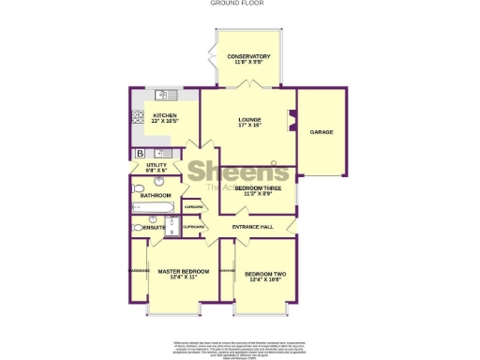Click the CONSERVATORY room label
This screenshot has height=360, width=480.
pos(248,56)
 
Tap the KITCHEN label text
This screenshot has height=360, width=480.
pos(165,116)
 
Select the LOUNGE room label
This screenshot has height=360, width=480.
pos(248,119)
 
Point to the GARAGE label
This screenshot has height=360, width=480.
pos(322,132)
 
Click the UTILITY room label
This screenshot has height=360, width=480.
pos(156,165)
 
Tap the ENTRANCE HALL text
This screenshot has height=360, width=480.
pos(252,228)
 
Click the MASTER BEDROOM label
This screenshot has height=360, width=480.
pos(177,272)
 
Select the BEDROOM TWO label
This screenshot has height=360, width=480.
pos(263,274)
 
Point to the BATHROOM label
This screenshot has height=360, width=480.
pos(156,195)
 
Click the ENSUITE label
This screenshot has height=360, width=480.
pos(154,228)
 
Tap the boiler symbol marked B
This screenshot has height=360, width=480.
pos(140,153)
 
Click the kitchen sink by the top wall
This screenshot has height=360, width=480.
pos(160,94)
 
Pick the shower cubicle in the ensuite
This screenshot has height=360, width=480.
pos(172,227)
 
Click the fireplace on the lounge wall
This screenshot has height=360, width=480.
pos(292,120)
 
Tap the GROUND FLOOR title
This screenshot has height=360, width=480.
pos(239,4)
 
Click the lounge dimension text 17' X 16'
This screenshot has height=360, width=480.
pos(248,126)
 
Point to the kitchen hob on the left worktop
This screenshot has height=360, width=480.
pos(138,118)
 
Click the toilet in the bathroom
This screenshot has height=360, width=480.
pos(139,189)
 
